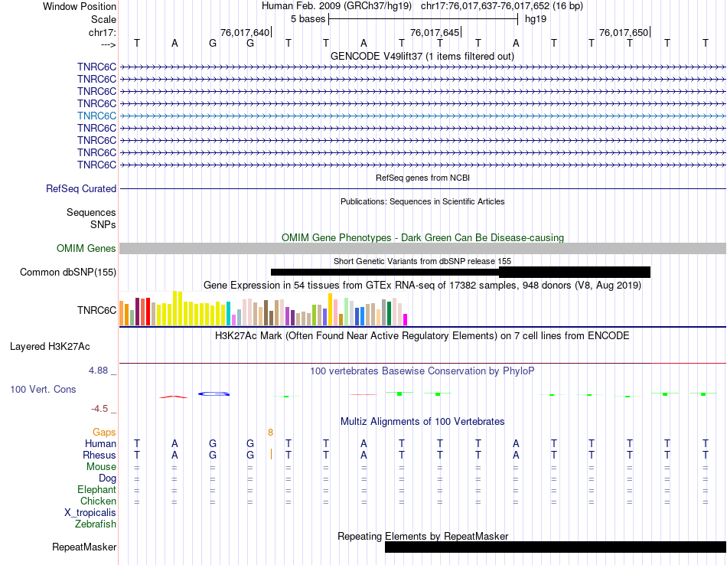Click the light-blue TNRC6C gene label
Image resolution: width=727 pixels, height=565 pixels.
(96, 116)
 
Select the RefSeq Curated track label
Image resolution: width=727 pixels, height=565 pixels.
(81, 189)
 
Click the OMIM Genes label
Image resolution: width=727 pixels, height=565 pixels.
(86, 249)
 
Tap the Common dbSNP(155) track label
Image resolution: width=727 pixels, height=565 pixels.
(68, 273)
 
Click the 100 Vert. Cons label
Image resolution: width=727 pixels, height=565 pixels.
(43, 390)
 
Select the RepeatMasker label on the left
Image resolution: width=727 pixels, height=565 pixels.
(84, 547)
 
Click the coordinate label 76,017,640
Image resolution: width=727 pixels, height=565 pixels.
(245, 33)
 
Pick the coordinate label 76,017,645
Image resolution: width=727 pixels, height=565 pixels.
(435, 33)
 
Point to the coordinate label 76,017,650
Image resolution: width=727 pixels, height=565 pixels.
(624, 33)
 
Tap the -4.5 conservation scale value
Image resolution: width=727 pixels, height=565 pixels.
(103, 409)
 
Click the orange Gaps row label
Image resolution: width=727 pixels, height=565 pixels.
(104, 433)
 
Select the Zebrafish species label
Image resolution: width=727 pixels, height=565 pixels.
(96, 524)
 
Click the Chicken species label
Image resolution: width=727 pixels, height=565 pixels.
(98, 501)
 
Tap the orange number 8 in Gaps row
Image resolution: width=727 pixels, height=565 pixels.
(270, 433)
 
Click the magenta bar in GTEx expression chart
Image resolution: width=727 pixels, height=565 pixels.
(406, 319)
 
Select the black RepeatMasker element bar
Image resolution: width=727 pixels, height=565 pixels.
(555, 547)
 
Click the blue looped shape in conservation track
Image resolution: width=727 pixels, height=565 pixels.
(214, 394)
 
